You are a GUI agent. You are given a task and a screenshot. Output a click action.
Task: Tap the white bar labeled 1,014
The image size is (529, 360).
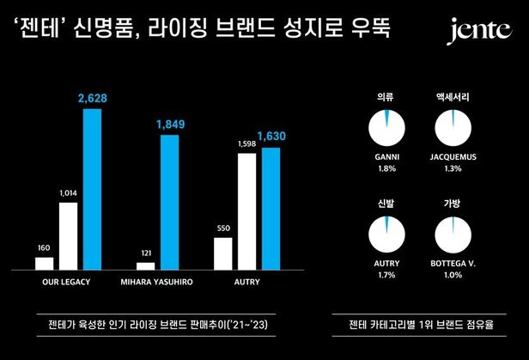coord(68,235)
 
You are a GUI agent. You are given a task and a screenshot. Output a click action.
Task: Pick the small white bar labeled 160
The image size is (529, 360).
coord(44,262)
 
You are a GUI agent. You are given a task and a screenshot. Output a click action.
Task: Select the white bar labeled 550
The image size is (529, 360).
coord(223,253)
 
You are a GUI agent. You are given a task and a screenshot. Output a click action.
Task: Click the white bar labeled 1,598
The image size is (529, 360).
coord(247,211)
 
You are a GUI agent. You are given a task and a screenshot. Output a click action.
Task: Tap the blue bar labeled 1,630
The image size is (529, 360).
coord(271,208)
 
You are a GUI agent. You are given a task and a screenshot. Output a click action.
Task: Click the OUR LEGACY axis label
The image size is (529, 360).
coord(68,281)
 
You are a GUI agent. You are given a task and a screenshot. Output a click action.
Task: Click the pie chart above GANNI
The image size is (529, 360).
coord(385,127)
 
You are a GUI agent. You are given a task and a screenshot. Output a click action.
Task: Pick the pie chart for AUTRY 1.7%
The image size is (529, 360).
coord(385,236)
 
